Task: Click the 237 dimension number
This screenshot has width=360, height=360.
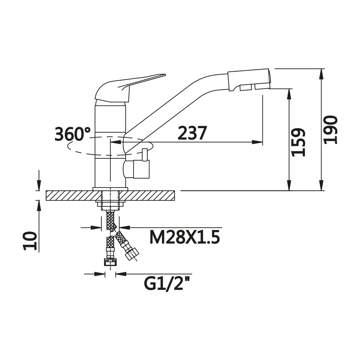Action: click(x=192, y=133)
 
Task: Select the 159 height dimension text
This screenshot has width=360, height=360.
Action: click(x=298, y=142)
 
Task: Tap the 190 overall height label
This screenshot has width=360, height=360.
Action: click(x=330, y=130)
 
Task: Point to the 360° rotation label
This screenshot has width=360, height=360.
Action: click(x=73, y=134)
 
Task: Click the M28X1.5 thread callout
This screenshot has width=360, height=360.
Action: click(x=185, y=237)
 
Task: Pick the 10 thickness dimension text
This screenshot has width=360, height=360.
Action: click(x=30, y=241)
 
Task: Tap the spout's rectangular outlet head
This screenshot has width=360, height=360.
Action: click(x=249, y=80)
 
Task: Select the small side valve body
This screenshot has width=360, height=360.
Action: click(x=136, y=169)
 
